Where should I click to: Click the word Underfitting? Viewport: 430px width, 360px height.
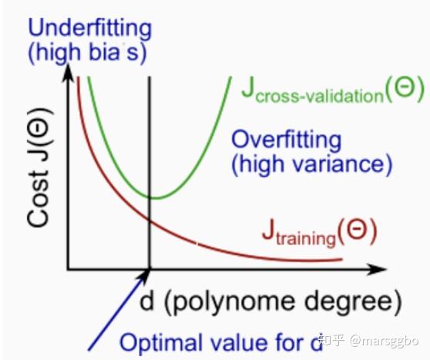[89, 29]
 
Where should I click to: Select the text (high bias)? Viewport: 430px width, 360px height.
[88, 52]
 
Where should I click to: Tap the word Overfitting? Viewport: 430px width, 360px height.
[287, 141]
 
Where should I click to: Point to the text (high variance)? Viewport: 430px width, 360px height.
[312, 164]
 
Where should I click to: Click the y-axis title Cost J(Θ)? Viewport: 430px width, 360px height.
[39, 168]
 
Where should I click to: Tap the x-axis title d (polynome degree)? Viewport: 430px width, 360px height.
[270, 302]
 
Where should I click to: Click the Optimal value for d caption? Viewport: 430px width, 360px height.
[221, 343]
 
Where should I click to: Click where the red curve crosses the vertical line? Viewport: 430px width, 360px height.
[149, 220]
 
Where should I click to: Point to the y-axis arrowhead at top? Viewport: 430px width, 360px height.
[69, 72]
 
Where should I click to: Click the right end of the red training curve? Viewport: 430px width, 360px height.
[342, 259]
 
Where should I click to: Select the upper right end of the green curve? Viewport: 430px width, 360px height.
[230, 78]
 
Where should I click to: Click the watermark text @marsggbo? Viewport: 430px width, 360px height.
[384, 341]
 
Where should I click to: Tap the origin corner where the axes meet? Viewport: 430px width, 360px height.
[69, 269]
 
